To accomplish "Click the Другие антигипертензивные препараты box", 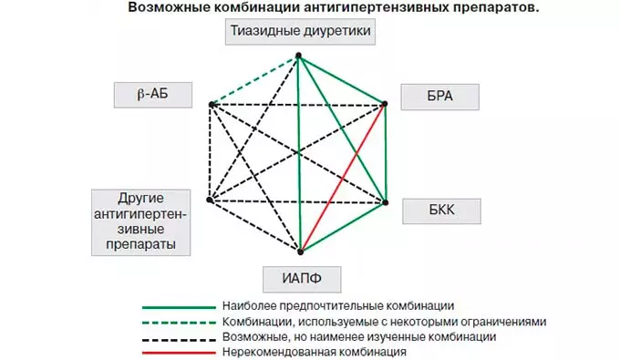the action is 141,221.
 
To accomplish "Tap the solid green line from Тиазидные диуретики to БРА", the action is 342,81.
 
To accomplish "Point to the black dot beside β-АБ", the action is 212,105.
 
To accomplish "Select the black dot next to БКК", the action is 386,201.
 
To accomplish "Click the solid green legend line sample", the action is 178,305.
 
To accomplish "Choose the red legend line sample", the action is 178,351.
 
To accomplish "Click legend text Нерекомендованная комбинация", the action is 313,351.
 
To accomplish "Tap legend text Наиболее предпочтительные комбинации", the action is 337,305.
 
